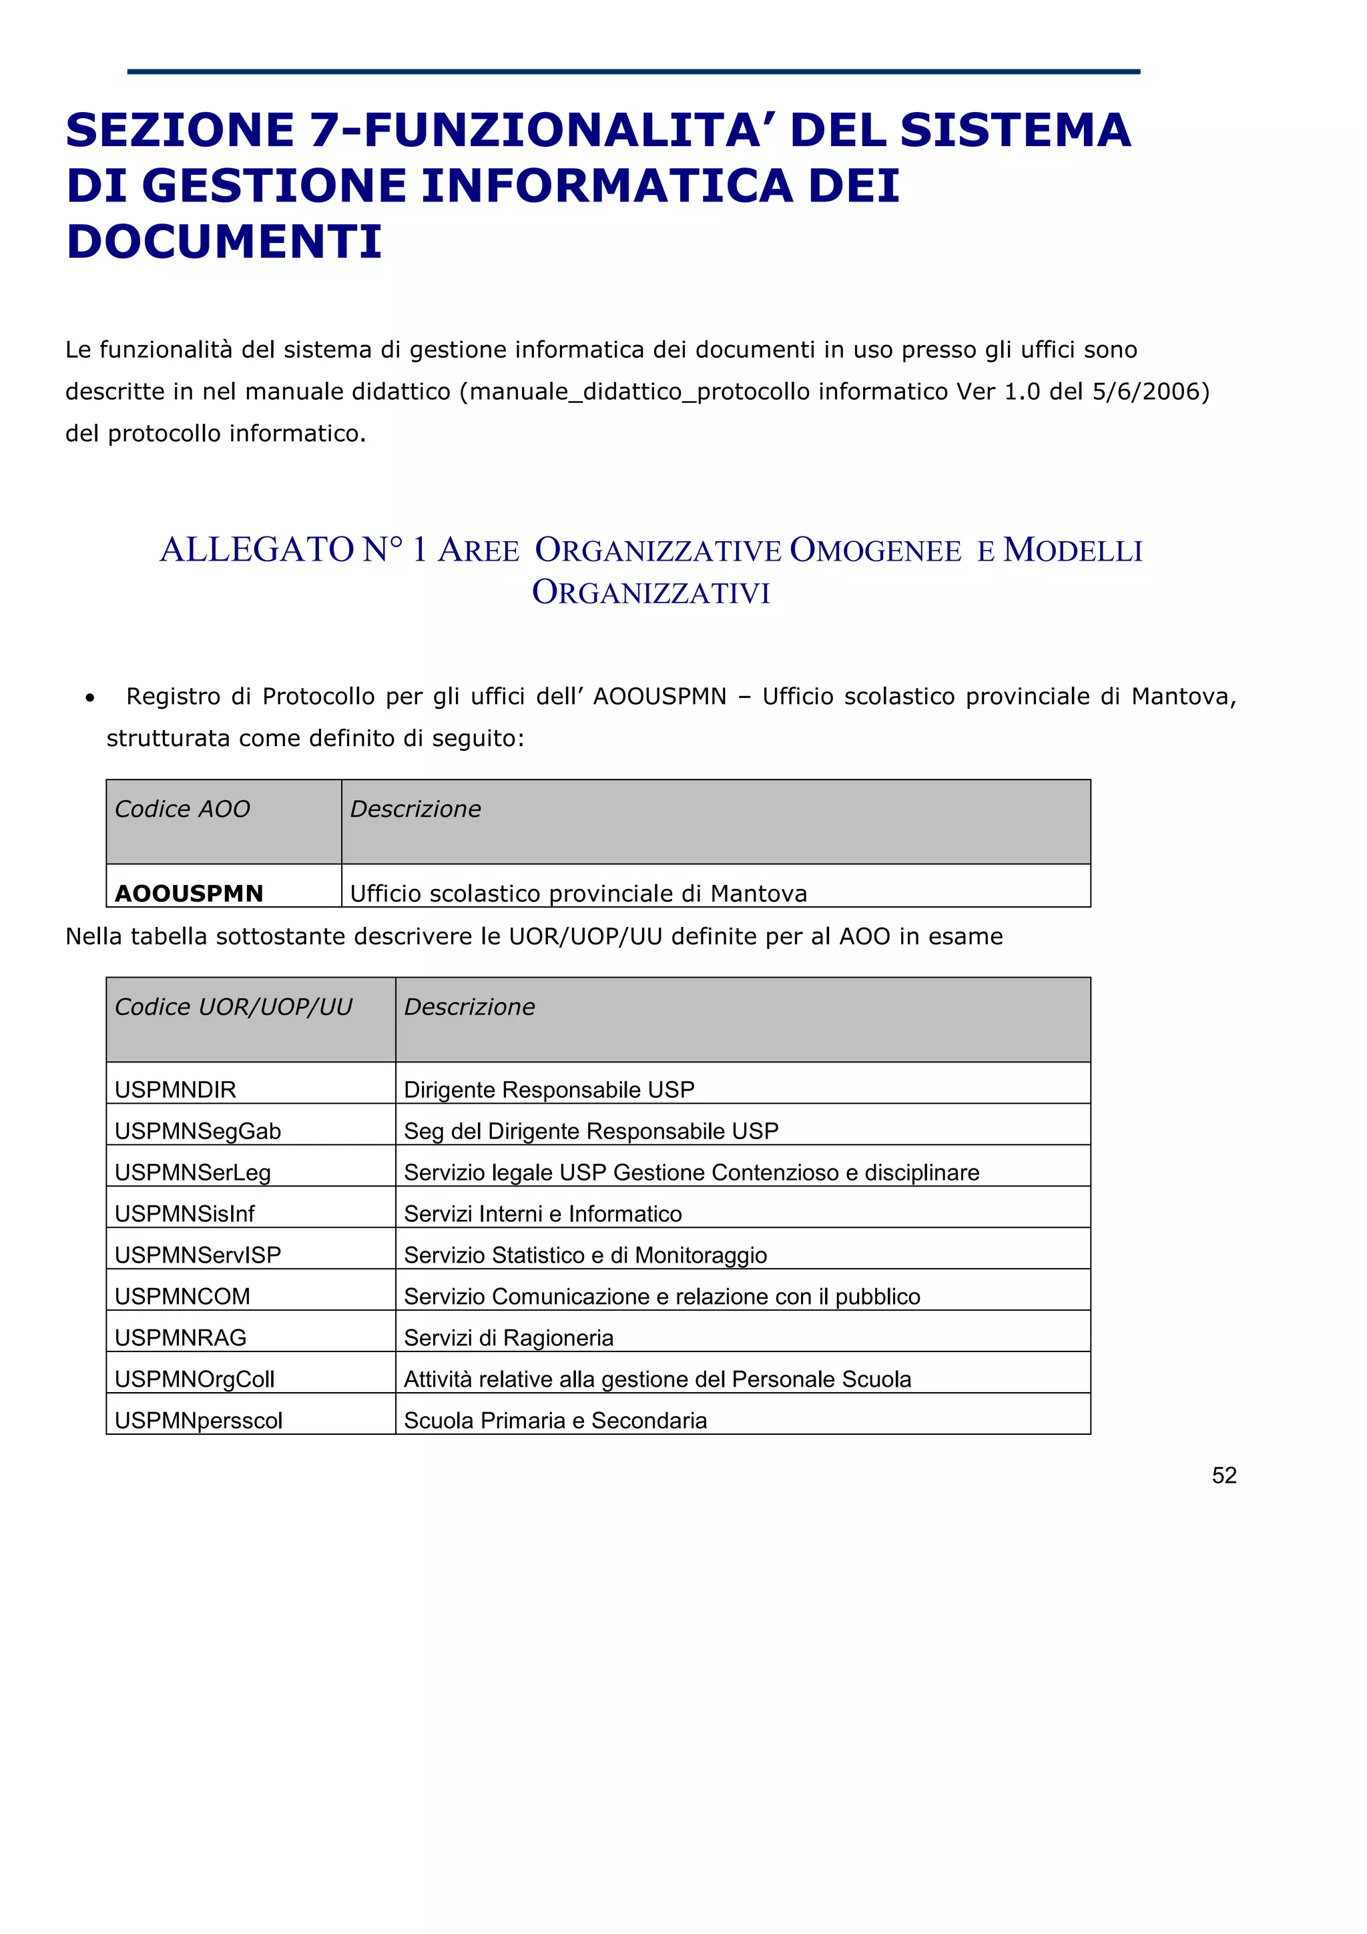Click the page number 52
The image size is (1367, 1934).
(1223, 1475)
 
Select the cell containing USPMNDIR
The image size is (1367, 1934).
(175, 1089)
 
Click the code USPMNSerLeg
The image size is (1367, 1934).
(193, 1172)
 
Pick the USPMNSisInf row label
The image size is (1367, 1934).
(184, 1213)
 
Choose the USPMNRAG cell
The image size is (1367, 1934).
(181, 1337)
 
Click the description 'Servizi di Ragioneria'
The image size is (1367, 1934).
(509, 1337)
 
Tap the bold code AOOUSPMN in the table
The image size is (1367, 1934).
(190, 893)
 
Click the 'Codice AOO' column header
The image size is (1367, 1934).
(183, 809)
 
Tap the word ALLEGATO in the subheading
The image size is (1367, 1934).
(257, 550)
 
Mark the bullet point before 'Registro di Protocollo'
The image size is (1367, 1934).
(89, 697)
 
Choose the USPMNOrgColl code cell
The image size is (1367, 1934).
(194, 1378)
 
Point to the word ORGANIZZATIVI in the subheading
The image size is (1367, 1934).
(651, 592)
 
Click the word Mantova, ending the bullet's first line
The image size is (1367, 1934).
(1183, 697)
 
